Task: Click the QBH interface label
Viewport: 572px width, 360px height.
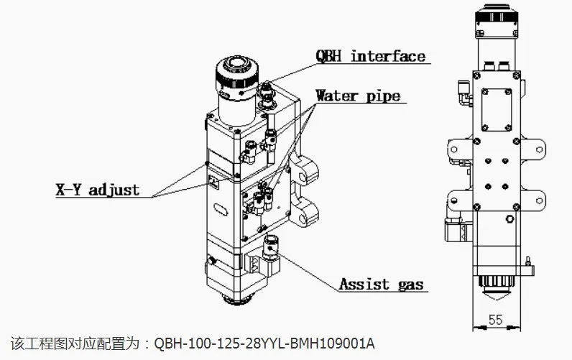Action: [x=371, y=56]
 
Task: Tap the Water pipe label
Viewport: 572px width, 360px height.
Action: [x=359, y=96]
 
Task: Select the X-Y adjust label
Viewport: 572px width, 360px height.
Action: [x=98, y=190]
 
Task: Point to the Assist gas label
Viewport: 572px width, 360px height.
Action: [x=381, y=284]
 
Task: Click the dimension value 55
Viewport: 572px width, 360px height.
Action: [x=495, y=320]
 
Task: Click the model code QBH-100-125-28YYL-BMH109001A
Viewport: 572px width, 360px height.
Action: [x=264, y=343]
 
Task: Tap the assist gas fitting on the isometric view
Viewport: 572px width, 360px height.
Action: [x=270, y=247]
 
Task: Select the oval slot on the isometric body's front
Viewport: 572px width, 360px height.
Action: [x=221, y=210]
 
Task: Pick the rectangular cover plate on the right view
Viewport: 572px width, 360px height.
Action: [x=496, y=109]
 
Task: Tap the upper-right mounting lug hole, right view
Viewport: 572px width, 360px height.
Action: [x=539, y=149]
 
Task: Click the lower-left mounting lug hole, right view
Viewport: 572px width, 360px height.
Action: [x=454, y=200]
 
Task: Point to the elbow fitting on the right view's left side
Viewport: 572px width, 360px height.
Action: [x=465, y=93]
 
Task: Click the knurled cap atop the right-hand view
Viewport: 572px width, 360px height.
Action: [x=497, y=21]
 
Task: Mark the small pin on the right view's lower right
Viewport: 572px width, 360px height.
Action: [x=527, y=261]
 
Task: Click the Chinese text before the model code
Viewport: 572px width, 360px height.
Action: [x=75, y=343]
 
